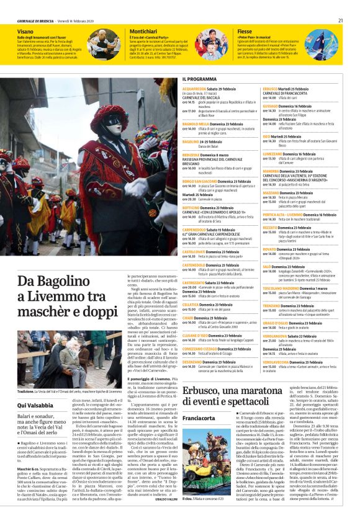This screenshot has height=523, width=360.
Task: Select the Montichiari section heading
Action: [143, 30]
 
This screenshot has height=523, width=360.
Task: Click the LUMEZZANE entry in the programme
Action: [275, 153]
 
